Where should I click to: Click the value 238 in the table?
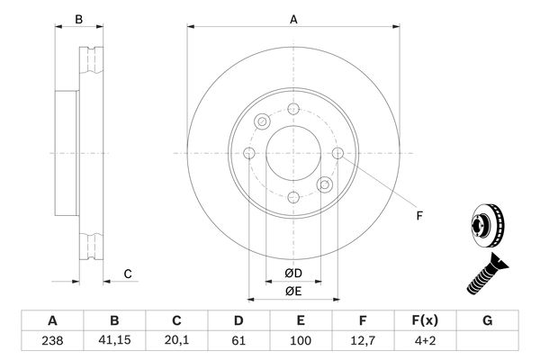(x=52, y=341)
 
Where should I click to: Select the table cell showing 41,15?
(x=114, y=341)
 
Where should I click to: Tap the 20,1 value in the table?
(x=176, y=340)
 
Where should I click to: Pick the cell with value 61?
(x=238, y=341)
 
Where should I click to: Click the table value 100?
(x=301, y=341)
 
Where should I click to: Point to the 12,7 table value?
(x=363, y=341)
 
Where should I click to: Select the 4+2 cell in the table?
(x=426, y=341)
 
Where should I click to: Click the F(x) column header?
(x=426, y=320)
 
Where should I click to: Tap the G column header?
(x=487, y=320)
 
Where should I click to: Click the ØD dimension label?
(x=293, y=274)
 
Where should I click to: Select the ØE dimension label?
(x=293, y=292)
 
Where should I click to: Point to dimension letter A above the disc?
(x=293, y=20)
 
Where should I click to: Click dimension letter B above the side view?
(x=79, y=20)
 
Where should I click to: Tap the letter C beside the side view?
(x=128, y=274)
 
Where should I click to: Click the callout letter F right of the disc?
(x=419, y=216)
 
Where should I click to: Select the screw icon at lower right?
(x=487, y=274)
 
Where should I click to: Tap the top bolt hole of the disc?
(x=293, y=109)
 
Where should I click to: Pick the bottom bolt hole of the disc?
(x=293, y=198)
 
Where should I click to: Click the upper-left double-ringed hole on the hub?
(x=262, y=121)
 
